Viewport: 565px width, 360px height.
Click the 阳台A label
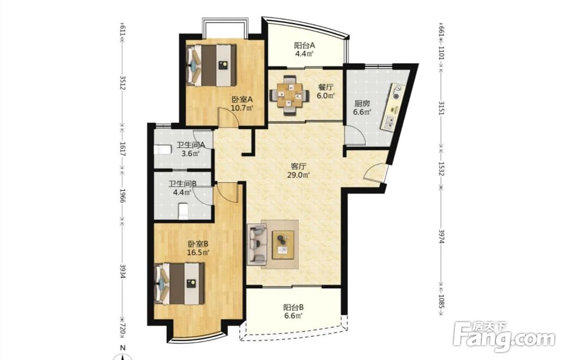point(305,46)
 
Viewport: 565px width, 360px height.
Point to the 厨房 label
point(362,104)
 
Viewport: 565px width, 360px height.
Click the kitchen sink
point(389,123)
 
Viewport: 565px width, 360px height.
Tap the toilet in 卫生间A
point(162,149)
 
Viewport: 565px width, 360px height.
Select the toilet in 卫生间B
point(184,211)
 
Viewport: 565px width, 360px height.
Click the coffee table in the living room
point(283,245)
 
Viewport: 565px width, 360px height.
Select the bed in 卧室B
point(180,284)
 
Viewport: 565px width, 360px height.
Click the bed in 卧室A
point(211,65)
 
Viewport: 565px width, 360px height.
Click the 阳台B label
point(293,308)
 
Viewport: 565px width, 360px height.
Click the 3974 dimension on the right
point(441,236)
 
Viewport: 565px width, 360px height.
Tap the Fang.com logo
point(503,336)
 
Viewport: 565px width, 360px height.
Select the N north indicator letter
point(123,348)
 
